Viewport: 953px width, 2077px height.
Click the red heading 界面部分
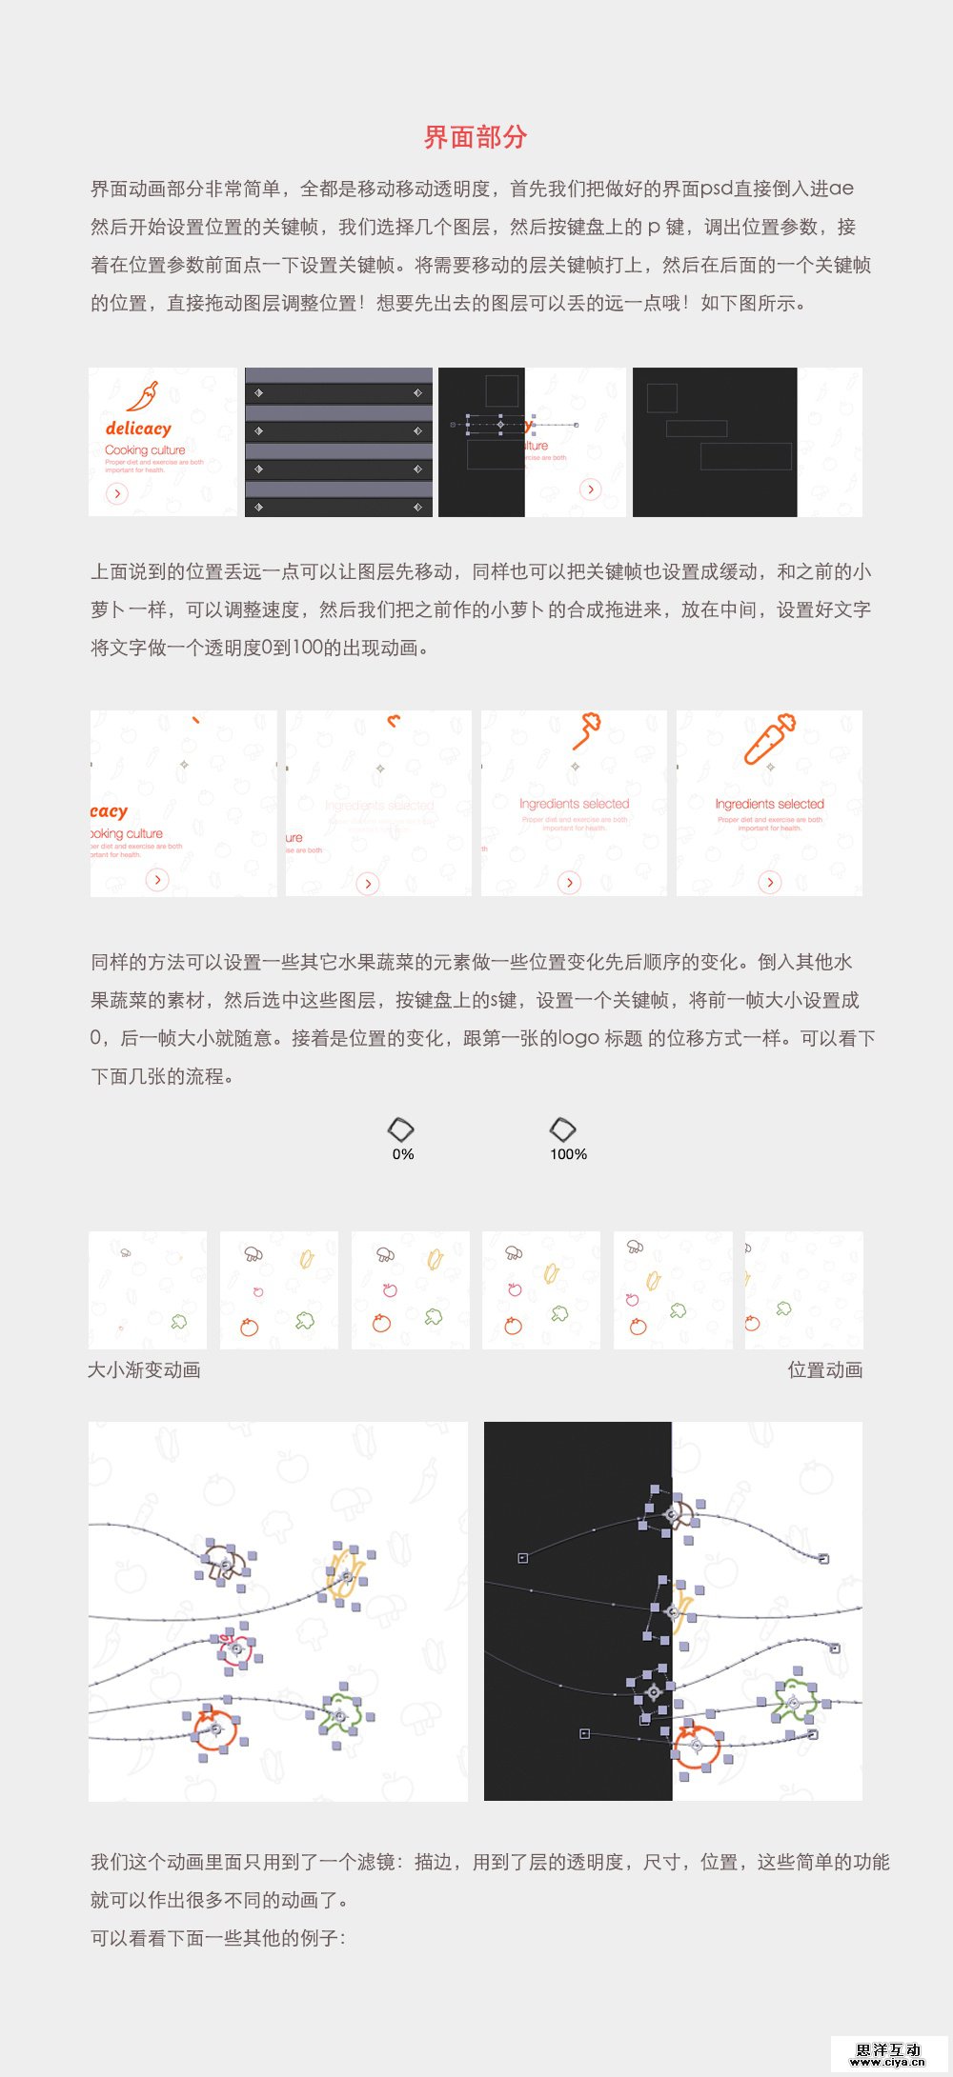pos(476,137)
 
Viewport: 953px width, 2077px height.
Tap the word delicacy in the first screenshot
pos(138,429)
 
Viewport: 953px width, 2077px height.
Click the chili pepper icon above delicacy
pos(143,395)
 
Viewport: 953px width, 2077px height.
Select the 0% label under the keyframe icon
pos(403,1154)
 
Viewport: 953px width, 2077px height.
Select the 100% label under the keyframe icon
pos(568,1154)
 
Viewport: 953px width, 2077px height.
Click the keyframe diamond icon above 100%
pos(562,1129)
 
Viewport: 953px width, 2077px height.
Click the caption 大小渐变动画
pos(144,1369)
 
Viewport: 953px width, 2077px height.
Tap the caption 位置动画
pos(824,1369)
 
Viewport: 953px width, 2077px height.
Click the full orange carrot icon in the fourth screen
pos(768,739)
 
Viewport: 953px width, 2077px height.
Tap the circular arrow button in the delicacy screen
pos(116,493)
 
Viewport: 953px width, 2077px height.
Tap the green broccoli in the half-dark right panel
pos(793,1701)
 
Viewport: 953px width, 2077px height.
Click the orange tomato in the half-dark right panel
pos(697,1746)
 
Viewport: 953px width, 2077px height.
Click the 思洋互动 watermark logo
pos(888,2054)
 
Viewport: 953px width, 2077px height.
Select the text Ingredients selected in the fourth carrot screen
pos(769,804)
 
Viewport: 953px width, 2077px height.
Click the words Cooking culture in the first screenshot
pos(145,449)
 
